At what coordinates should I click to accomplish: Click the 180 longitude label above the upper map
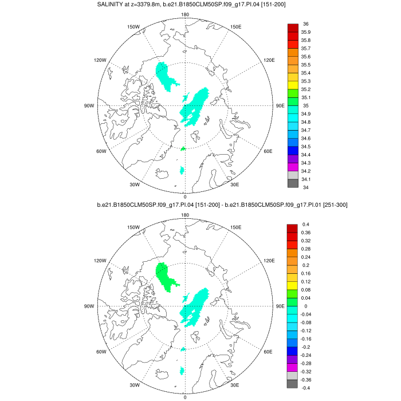point(185,14)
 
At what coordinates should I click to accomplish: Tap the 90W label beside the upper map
point(89,106)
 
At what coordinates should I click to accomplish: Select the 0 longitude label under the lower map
point(185,396)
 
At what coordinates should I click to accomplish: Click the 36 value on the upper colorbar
point(306,23)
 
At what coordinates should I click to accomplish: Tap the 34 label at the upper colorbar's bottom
point(306,187)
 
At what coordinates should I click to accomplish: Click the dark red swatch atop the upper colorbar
point(292,27)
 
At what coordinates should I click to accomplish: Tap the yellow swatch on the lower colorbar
point(292,285)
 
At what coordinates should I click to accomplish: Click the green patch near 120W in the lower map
point(166,276)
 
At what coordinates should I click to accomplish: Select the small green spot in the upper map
point(183,149)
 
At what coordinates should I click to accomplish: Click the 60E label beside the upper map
point(268,152)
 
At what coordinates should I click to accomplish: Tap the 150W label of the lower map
point(133,227)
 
